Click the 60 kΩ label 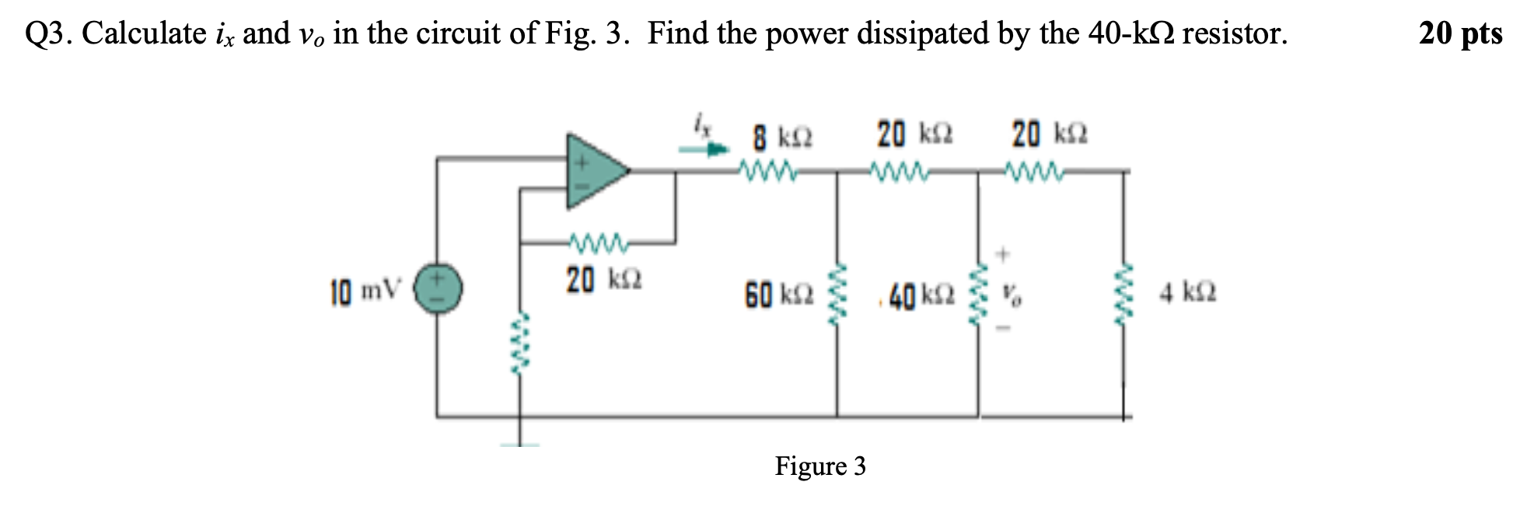(779, 295)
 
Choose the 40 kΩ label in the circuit (922, 295)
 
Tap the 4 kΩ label (1187, 294)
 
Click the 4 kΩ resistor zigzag (1121, 294)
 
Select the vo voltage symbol (1011, 295)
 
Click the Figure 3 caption (819, 466)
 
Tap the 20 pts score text (1459, 33)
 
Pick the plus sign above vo (1003, 253)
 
